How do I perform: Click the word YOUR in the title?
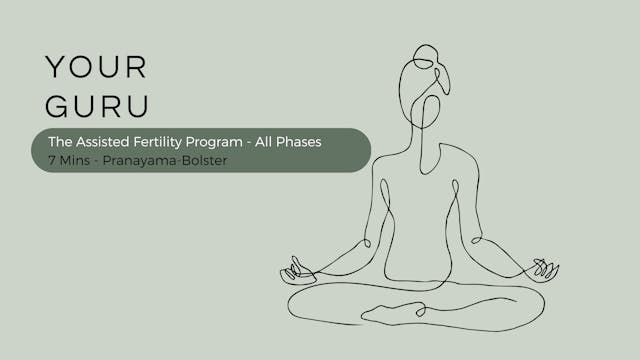tap(96, 68)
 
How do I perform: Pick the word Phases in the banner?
tap(299, 142)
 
